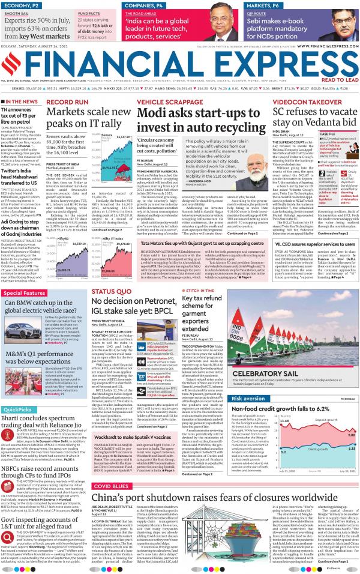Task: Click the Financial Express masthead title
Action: tap(179, 63)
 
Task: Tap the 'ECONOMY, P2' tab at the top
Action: tap(23, 5)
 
